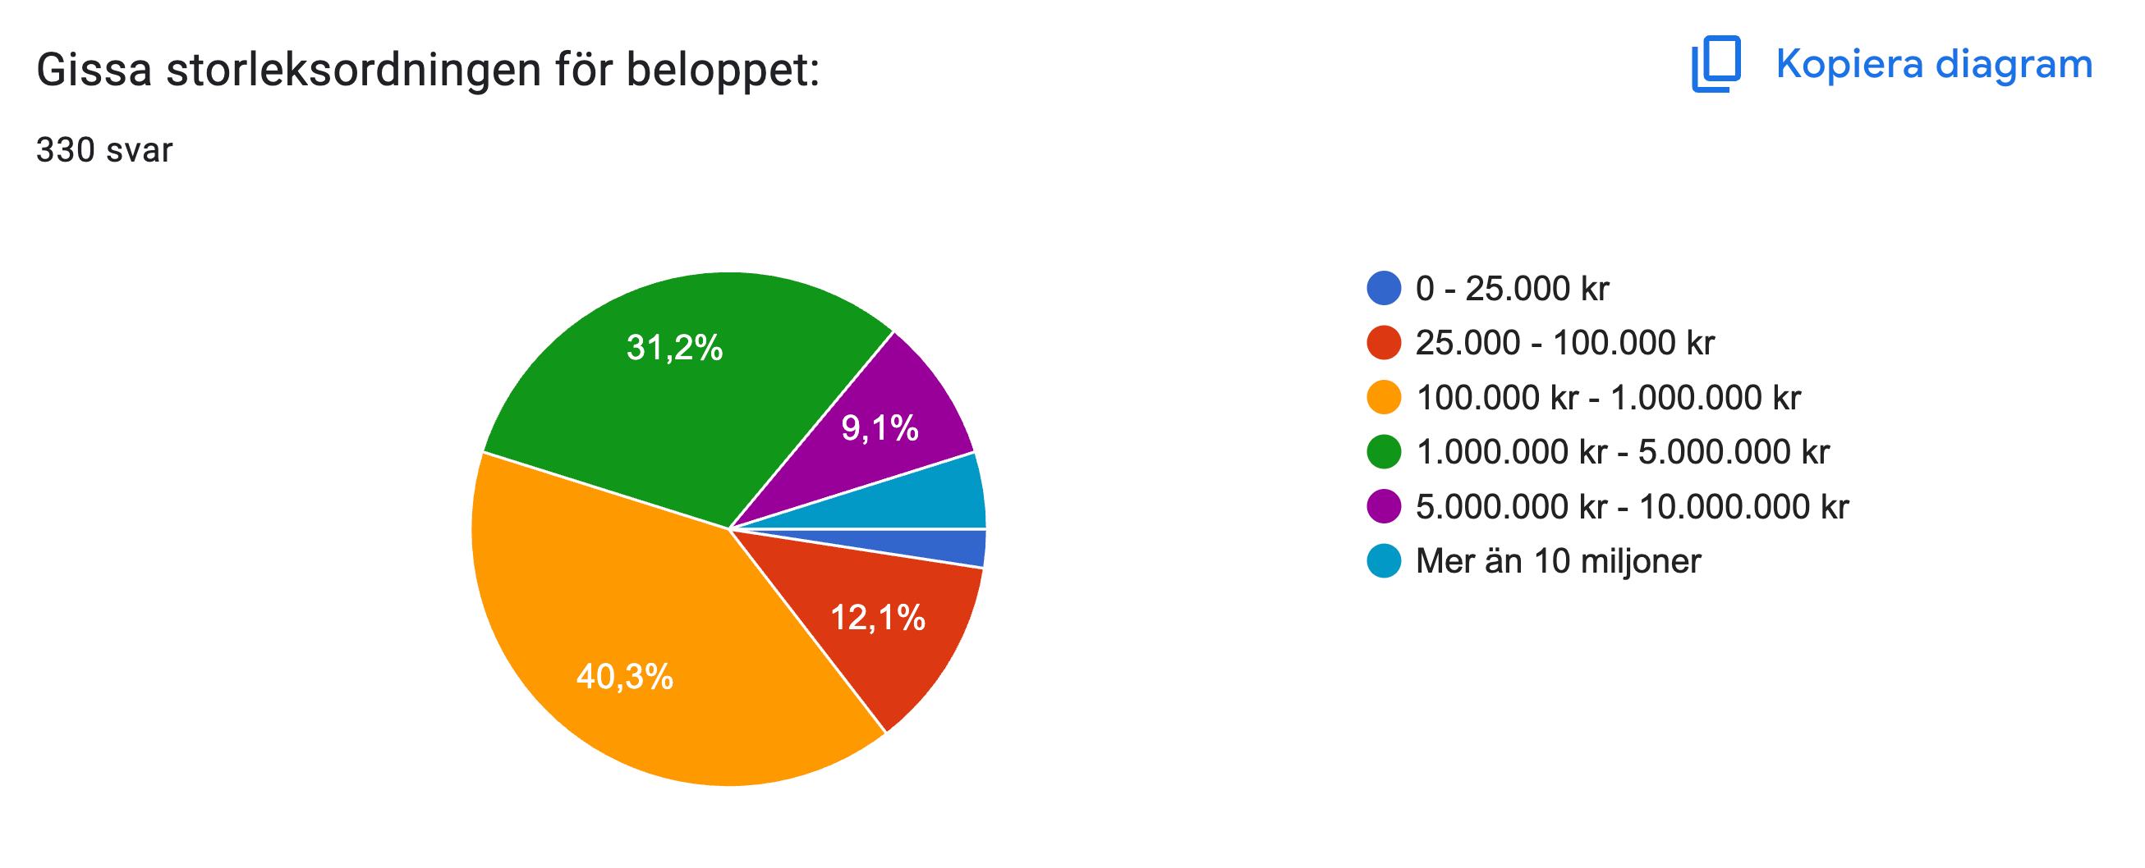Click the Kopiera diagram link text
pos(1933,64)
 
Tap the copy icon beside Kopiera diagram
pos(1716,63)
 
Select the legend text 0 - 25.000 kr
pos(1511,289)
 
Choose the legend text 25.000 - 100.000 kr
pos(1564,343)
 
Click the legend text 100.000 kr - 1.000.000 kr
pos(1608,398)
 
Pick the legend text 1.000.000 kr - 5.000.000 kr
pos(1622,452)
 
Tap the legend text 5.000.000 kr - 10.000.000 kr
pos(1632,507)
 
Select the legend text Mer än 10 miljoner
pos(1558,561)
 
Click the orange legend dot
pos(1384,397)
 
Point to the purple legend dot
pos(1384,506)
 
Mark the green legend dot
pos(1384,452)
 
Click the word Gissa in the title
pos(94,69)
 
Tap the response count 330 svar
pos(104,150)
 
